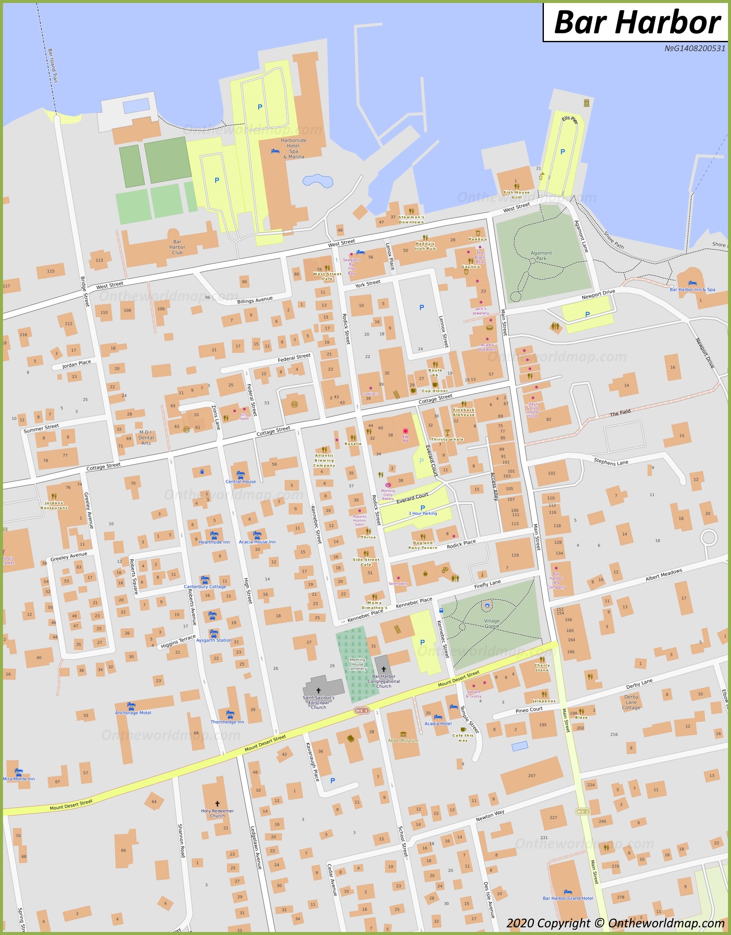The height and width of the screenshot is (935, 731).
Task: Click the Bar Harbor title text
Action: tap(637, 22)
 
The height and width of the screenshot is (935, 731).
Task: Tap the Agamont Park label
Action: tap(541, 256)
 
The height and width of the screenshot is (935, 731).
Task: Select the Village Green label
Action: tap(491, 623)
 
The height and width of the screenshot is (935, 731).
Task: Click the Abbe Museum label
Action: tap(403, 740)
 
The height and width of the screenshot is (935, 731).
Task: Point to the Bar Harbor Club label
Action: tap(177, 247)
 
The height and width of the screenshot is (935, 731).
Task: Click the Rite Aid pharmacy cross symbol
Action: tap(405, 431)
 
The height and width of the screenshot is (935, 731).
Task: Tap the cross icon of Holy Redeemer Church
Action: tap(217, 804)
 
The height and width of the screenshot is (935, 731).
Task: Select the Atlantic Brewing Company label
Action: tap(324, 460)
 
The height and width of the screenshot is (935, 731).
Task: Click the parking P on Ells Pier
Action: tap(562, 152)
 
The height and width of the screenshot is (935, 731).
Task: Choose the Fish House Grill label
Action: tap(517, 195)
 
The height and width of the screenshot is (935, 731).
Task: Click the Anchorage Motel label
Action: tap(133, 713)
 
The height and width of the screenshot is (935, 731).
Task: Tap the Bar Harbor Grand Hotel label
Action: tap(567, 898)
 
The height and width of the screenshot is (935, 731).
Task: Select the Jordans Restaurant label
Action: tap(54, 505)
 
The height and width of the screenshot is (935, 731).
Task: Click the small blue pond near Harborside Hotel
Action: tap(317, 181)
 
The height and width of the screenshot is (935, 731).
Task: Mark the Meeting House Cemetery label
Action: tap(357, 664)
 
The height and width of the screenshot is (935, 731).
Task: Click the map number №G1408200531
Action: tap(695, 49)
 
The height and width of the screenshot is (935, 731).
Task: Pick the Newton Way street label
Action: tap(490, 815)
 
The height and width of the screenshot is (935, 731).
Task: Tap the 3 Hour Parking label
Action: tap(423, 513)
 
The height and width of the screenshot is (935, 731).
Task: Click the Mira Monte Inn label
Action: tap(19, 779)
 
